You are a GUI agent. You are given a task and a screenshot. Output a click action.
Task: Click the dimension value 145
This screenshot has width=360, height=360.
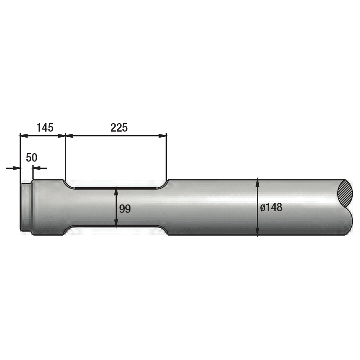pyautogui.click(x=45, y=128)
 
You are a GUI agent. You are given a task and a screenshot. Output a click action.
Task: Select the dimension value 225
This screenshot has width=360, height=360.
pyautogui.click(x=119, y=128)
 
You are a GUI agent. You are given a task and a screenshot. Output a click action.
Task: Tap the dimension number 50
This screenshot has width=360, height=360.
pyautogui.click(x=32, y=158)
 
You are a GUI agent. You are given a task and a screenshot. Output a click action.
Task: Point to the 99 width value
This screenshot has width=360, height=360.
pyautogui.click(x=125, y=208)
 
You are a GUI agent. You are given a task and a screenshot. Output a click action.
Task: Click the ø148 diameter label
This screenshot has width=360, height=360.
pyautogui.click(x=271, y=208)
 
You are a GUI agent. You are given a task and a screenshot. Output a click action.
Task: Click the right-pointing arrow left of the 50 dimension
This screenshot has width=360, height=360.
pyautogui.click(x=16, y=168)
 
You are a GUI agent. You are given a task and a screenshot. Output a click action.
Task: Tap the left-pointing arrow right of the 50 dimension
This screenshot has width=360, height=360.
pyautogui.click(x=37, y=168)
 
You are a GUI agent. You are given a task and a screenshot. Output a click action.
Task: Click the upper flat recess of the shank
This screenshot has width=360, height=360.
pyautogui.click(x=116, y=187)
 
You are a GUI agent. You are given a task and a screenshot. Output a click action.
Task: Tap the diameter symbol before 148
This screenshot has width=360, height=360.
pyautogui.click(x=262, y=208)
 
